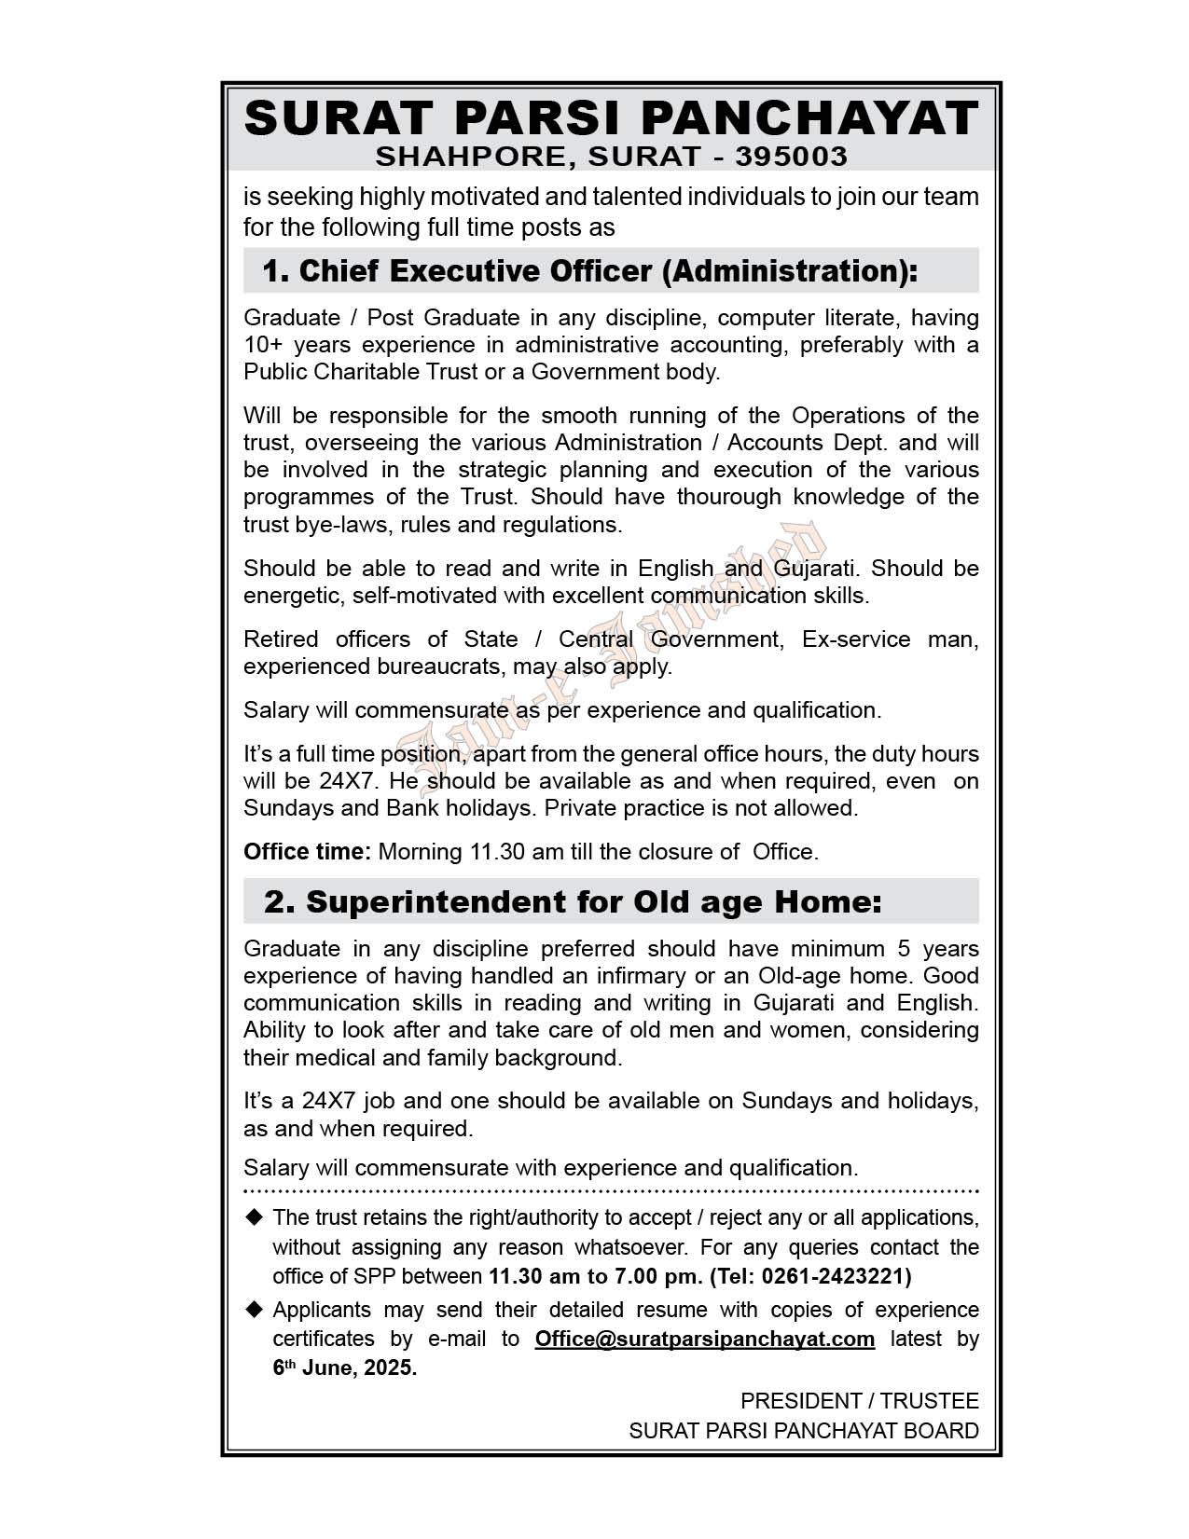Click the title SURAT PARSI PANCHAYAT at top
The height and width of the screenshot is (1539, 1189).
(x=611, y=118)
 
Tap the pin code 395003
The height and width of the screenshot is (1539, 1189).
(x=791, y=156)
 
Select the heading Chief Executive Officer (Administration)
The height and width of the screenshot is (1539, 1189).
(x=589, y=271)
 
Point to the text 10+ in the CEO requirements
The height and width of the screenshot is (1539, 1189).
(x=262, y=345)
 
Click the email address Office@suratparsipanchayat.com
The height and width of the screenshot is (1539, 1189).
(x=704, y=1340)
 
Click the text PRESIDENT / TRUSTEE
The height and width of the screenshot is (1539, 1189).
(x=859, y=1401)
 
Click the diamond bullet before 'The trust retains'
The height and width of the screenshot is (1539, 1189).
(x=254, y=1217)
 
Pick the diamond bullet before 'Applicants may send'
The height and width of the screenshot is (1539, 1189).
(x=254, y=1310)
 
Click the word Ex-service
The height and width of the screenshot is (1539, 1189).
(x=855, y=639)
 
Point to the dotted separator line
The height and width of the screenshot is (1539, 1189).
(x=611, y=1191)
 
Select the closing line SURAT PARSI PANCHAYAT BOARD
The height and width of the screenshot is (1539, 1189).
(x=803, y=1431)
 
